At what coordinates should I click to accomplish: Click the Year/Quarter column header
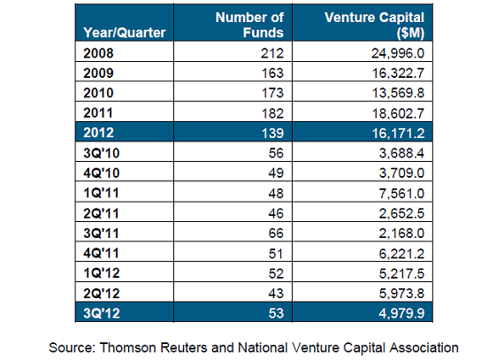click(x=125, y=33)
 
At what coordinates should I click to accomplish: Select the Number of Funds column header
click(x=249, y=25)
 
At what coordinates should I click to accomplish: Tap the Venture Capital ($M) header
click(x=375, y=25)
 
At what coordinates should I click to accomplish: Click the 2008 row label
click(x=98, y=53)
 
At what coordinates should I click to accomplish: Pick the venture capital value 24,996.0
click(x=398, y=53)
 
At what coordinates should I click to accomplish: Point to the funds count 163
click(x=272, y=73)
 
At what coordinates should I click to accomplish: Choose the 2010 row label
click(x=98, y=93)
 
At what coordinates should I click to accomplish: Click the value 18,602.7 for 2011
click(x=398, y=113)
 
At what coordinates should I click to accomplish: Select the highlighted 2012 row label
click(x=98, y=133)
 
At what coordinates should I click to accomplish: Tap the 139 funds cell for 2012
click(x=272, y=133)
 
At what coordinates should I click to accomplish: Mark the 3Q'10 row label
click(x=102, y=153)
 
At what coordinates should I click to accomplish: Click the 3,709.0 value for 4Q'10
click(x=401, y=173)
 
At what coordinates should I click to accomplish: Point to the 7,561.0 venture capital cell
click(x=401, y=193)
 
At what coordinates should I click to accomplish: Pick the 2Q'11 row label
click(x=102, y=213)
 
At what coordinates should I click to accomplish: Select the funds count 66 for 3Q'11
click(x=276, y=233)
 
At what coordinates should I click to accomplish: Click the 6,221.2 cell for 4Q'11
click(x=401, y=253)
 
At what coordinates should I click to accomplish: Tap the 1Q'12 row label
click(x=102, y=273)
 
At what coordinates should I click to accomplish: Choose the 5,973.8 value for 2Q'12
click(x=401, y=293)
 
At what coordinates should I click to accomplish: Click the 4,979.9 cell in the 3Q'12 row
click(x=401, y=313)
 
